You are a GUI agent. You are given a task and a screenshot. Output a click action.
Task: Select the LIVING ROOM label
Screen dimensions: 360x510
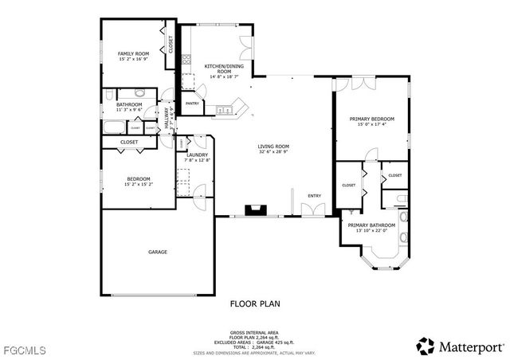273,147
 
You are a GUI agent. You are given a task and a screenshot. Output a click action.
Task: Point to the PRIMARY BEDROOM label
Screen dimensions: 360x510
371,119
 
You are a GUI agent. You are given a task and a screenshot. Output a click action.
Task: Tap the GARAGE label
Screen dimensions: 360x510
157,252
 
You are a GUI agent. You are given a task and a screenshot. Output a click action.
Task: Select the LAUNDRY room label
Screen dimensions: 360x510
198,155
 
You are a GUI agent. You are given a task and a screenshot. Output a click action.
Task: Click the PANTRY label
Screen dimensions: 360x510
192,103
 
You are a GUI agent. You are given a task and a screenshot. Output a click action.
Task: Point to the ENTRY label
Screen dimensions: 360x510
315,195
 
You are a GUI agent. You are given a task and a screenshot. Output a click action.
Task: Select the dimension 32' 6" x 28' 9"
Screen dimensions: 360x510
273,152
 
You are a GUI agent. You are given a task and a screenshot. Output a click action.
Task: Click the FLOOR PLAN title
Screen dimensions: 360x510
254,303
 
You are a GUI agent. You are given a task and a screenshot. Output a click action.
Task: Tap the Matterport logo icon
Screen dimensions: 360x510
426,346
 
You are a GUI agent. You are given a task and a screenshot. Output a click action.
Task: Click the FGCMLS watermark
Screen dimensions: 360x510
25,349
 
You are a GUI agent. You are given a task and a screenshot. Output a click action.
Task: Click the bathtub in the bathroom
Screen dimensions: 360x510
113,127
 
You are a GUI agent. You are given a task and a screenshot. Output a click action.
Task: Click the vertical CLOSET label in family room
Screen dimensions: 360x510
171,43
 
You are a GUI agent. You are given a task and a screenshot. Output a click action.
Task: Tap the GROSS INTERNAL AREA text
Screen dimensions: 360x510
254,333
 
